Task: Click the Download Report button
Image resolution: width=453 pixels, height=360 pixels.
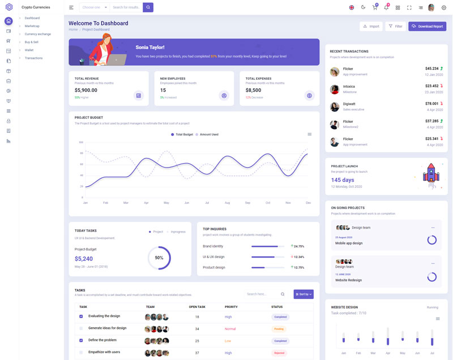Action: tap(427, 26)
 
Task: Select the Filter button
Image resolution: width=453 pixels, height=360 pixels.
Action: tap(395, 26)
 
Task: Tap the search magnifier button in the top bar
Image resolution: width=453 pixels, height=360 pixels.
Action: tap(148, 7)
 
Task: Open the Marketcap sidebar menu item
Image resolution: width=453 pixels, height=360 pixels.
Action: tap(32, 26)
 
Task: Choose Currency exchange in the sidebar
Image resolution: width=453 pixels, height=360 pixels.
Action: tap(37, 34)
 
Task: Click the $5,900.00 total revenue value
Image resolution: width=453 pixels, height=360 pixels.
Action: tap(86, 90)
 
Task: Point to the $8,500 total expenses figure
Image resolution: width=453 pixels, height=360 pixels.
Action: tap(253, 90)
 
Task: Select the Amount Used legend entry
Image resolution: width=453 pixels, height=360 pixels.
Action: tap(208, 135)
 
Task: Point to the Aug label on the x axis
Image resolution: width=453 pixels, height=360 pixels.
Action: tap(227, 203)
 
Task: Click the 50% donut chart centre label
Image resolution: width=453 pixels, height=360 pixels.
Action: tap(159, 258)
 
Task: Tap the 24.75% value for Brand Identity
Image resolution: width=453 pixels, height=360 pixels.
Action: tap(298, 246)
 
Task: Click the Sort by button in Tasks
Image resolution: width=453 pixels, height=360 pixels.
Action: tap(303, 294)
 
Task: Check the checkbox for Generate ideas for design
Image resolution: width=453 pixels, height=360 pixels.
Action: tap(81, 328)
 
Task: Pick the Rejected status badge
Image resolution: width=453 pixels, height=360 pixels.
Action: tap(279, 353)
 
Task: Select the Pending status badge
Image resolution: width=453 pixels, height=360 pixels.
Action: tap(279, 328)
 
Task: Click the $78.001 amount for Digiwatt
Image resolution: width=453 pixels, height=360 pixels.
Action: tap(431, 104)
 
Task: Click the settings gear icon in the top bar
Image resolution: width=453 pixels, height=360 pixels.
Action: tap(443, 7)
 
